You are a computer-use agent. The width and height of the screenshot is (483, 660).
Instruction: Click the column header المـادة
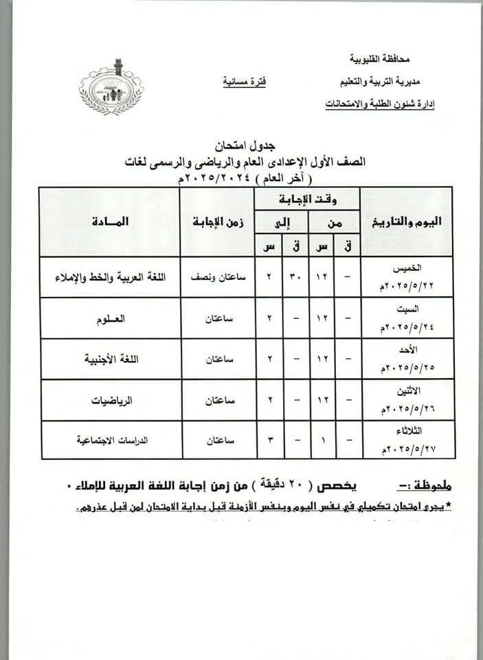(x=109, y=222)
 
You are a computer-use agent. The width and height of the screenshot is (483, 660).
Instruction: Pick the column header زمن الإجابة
(x=216, y=222)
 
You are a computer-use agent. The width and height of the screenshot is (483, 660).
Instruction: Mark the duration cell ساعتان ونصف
(x=216, y=277)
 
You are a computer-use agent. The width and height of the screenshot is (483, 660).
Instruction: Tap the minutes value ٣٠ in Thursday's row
(x=295, y=277)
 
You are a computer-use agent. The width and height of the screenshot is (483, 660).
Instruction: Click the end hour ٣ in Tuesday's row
(x=269, y=441)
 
